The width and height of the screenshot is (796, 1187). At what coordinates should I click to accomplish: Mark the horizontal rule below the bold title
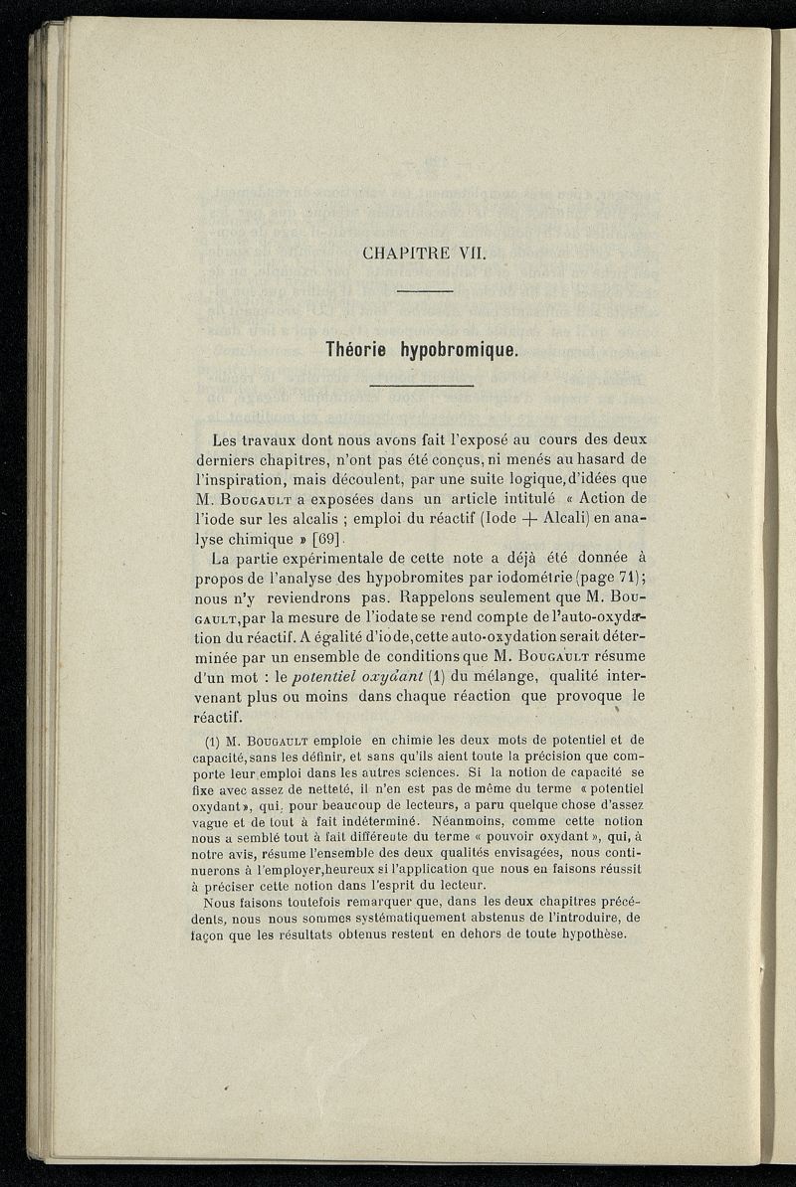pyautogui.click(x=423, y=386)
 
